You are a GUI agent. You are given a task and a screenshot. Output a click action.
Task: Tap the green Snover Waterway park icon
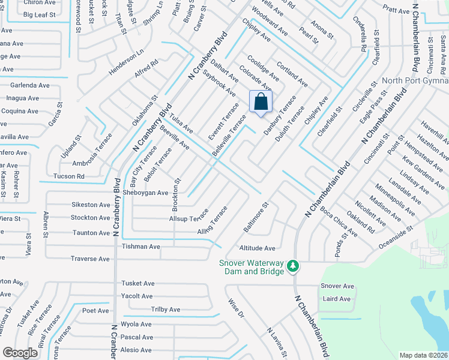pos(292,265)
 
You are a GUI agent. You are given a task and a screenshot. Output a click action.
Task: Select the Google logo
pos(20,353)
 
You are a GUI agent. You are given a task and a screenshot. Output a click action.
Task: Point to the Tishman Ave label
pos(141,247)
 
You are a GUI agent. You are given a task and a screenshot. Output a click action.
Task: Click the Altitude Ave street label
pos(257,248)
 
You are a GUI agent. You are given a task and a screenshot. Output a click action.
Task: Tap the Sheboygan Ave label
pos(145,193)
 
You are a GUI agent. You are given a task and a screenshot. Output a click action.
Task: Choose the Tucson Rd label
pos(68,176)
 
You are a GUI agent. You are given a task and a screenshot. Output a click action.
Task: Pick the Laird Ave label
pos(336,299)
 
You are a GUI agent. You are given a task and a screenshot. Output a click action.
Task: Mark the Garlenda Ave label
pos(29,85)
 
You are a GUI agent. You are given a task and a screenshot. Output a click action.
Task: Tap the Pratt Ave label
pos(395,10)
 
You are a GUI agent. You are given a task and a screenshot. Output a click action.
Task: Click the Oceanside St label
pos(396,238)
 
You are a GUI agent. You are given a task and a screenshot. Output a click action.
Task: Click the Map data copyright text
pos(423,355)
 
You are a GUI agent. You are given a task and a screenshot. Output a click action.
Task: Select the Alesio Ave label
pos(136,350)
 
